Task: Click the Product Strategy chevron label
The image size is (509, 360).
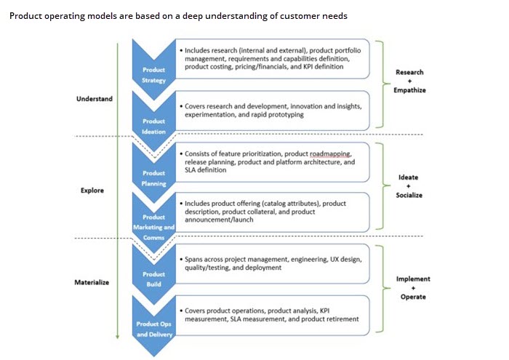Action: [153, 74]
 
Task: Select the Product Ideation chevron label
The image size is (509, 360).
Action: [153, 126]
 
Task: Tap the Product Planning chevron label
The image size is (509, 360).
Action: [153, 178]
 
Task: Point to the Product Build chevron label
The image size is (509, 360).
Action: [153, 279]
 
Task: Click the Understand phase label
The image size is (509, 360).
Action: [95, 99]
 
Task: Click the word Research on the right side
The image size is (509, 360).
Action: [409, 72]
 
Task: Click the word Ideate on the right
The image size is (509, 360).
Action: [409, 177]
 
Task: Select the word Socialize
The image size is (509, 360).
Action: [409, 196]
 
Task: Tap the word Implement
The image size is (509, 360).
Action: [413, 279]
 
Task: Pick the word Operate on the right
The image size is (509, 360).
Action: [413, 297]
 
